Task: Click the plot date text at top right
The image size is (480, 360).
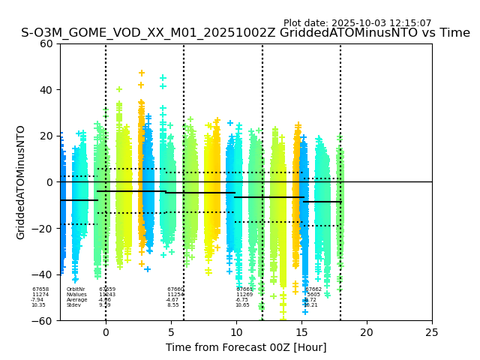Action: pyautogui.click(x=357, y=23)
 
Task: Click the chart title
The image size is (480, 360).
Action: pyautogui.click(x=245, y=33)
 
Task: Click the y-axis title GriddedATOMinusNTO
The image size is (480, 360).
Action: pyautogui.click(x=21, y=182)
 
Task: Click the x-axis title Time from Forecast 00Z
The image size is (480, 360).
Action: pyautogui.click(x=246, y=347)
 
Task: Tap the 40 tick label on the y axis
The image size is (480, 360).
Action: pyautogui.click(x=47, y=90)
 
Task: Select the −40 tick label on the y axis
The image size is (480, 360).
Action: pyautogui.click(x=44, y=274)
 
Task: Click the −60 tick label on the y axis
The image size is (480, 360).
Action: pyautogui.click(x=44, y=321)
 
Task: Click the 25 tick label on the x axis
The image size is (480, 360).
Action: pyautogui.click(x=432, y=332)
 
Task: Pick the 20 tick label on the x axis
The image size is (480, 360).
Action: pyautogui.click(x=367, y=332)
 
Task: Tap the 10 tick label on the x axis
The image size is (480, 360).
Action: pyautogui.click(x=236, y=332)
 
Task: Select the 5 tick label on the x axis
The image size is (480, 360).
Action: pyautogui.click(x=171, y=332)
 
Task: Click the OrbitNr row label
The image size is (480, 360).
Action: pyautogui.click(x=76, y=289)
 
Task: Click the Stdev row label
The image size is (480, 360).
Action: pyautogui.click(x=73, y=305)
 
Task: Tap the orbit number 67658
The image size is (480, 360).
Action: pyautogui.click(x=40, y=289)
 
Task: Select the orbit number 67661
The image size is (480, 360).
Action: pyautogui.click(x=244, y=289)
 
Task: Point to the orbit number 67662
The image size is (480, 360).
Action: pyautogui.click(x=313, y=289)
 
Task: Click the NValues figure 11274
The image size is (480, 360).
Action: pyautogui.click(x=40, y=294)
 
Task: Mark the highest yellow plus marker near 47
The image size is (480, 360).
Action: pyautogui.click(x=141, y=73)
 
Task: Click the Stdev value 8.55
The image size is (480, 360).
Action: pyautogui.click(x=173, y=305)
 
